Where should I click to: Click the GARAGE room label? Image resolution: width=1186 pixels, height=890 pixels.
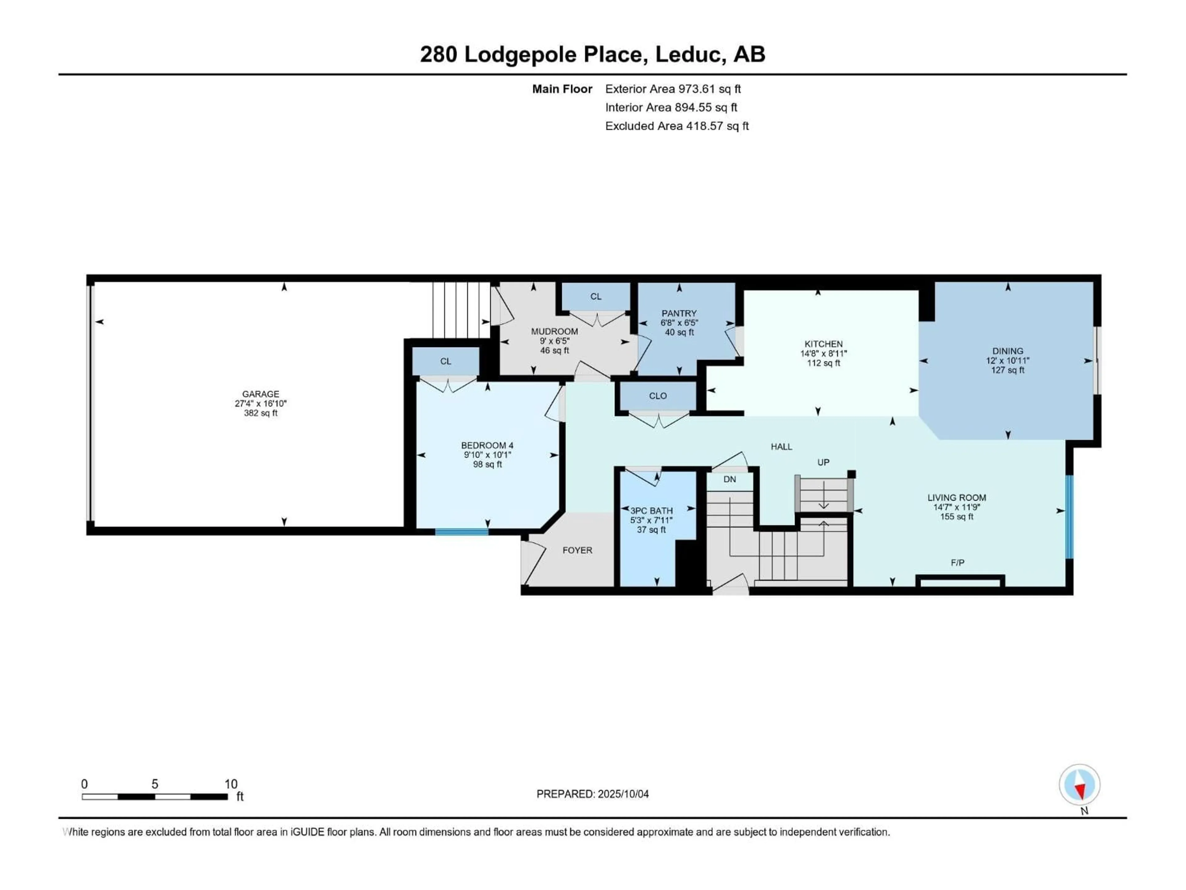point(261,394)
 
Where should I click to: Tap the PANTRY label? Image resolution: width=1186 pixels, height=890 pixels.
point(679,313)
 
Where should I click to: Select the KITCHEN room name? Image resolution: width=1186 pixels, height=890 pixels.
point(823,344)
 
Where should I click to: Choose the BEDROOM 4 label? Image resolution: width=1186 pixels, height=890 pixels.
point(487,445)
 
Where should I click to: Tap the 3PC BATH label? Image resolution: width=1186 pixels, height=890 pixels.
point(651,511)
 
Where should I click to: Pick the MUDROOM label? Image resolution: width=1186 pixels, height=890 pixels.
point(554,332)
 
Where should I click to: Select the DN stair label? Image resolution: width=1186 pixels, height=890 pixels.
point(730,479)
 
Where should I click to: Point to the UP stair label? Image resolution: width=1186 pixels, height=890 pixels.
point(823,462)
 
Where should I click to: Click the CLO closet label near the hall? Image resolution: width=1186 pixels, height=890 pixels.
point(658,396)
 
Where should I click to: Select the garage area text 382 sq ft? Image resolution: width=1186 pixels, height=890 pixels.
point(261,413)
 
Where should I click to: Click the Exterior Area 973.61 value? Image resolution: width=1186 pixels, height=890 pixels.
point(709,89)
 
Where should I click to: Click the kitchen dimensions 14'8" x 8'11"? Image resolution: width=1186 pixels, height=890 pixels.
point(823,354)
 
